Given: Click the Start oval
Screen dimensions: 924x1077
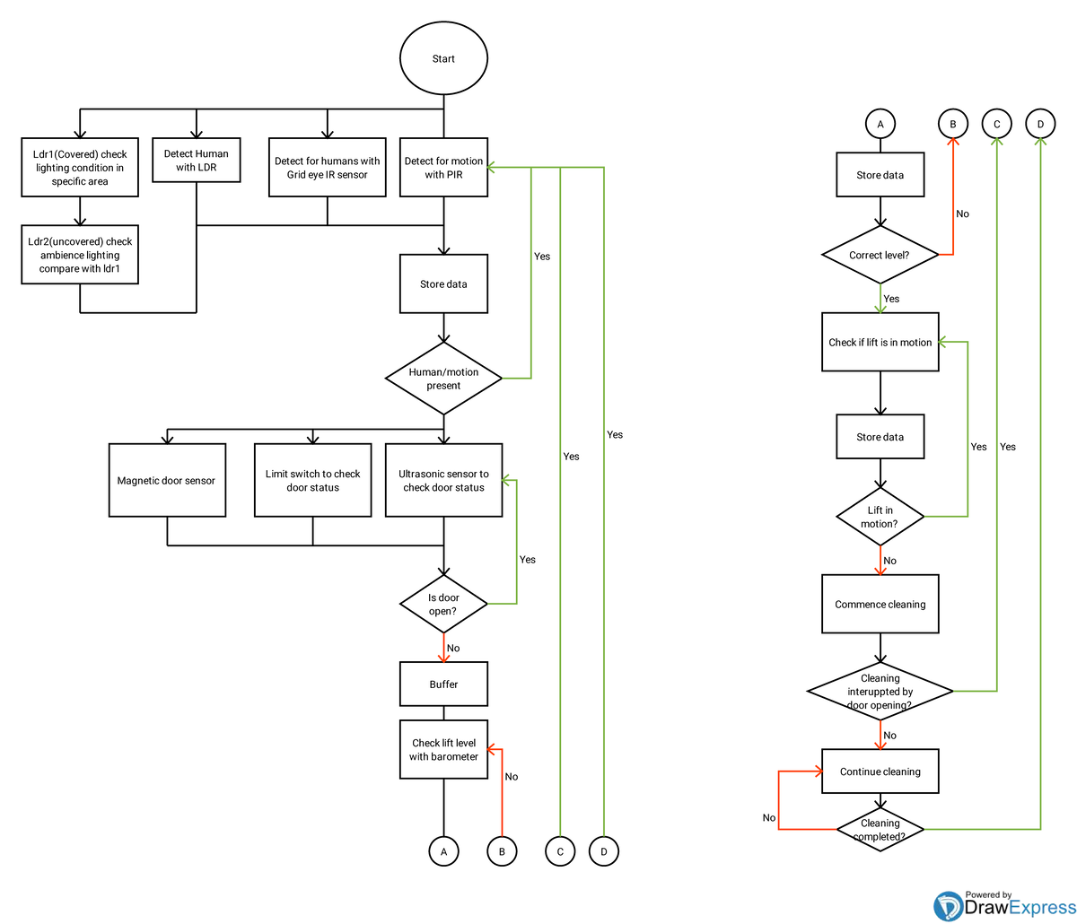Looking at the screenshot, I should (443, 58).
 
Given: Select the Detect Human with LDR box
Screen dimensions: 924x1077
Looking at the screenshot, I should (197, 160).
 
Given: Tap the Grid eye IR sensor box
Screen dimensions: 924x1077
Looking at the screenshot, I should (328, 167).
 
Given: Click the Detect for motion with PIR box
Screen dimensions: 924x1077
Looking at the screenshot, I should (443, 167).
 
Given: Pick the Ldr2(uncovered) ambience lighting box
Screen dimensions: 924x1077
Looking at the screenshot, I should (80, 255).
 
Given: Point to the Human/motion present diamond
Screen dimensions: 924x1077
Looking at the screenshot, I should (443, 379).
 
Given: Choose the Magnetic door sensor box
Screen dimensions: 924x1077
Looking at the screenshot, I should (167, 480).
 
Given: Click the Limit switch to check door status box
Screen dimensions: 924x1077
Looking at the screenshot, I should (312, 480).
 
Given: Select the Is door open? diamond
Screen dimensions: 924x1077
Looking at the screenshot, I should (443, 604).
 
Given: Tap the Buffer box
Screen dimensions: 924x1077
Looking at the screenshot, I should (443, 684).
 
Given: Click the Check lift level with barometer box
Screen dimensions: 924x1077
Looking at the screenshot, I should (443, 749).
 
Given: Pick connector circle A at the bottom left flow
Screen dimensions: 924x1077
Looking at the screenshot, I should (443, 851).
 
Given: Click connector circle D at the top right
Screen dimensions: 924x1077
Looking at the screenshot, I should (1040, 124).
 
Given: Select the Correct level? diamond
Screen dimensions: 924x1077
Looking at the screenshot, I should (880, 255).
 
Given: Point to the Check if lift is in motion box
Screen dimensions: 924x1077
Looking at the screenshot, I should (880, 342).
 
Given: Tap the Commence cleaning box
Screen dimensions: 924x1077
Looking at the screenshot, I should (880, 604).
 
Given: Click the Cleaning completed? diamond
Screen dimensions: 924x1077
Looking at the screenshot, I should (880, 830).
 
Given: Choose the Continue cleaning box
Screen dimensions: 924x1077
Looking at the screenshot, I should (880, 771).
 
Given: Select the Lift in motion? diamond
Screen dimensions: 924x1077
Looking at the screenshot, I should (880, 517).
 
